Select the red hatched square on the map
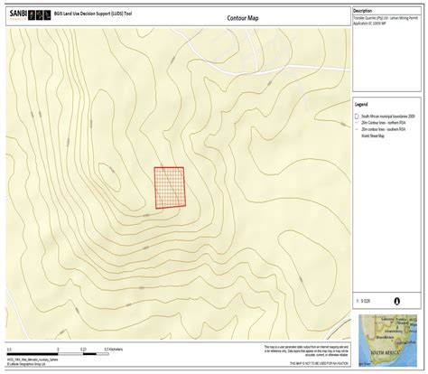tap(169, 187)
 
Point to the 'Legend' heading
tap(361, 105)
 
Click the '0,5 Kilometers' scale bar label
tap(114, 348)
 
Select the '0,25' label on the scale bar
tap(83, 348)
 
